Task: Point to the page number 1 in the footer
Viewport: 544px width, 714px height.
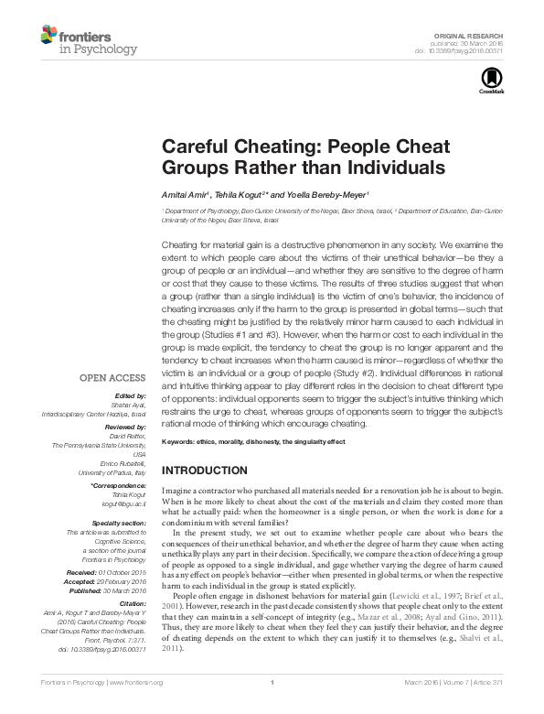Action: pyautogui.click(x=272, y=708)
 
